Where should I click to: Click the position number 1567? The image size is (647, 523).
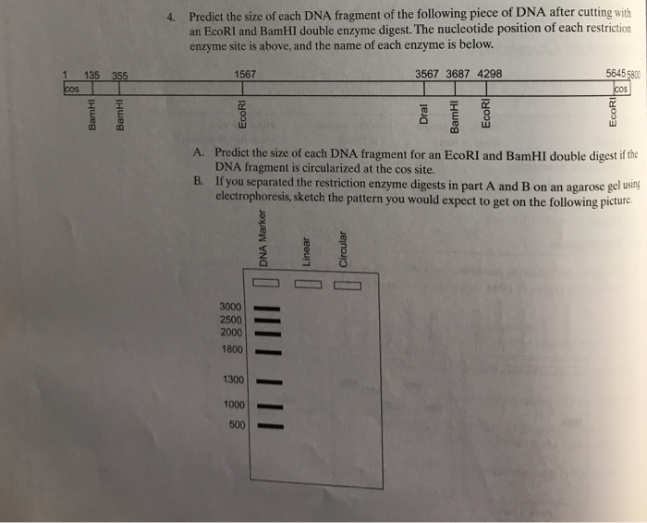point(246,74)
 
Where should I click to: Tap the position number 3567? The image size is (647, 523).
point(428,74)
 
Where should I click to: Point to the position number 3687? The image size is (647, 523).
point(458,74)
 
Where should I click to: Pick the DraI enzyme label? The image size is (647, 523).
point(424,115)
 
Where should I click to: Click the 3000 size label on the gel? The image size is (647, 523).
point(230,306)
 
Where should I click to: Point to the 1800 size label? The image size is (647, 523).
point(231,350)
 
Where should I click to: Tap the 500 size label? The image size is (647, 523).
point(237,425)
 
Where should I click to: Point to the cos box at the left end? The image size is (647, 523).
point(71,90)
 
